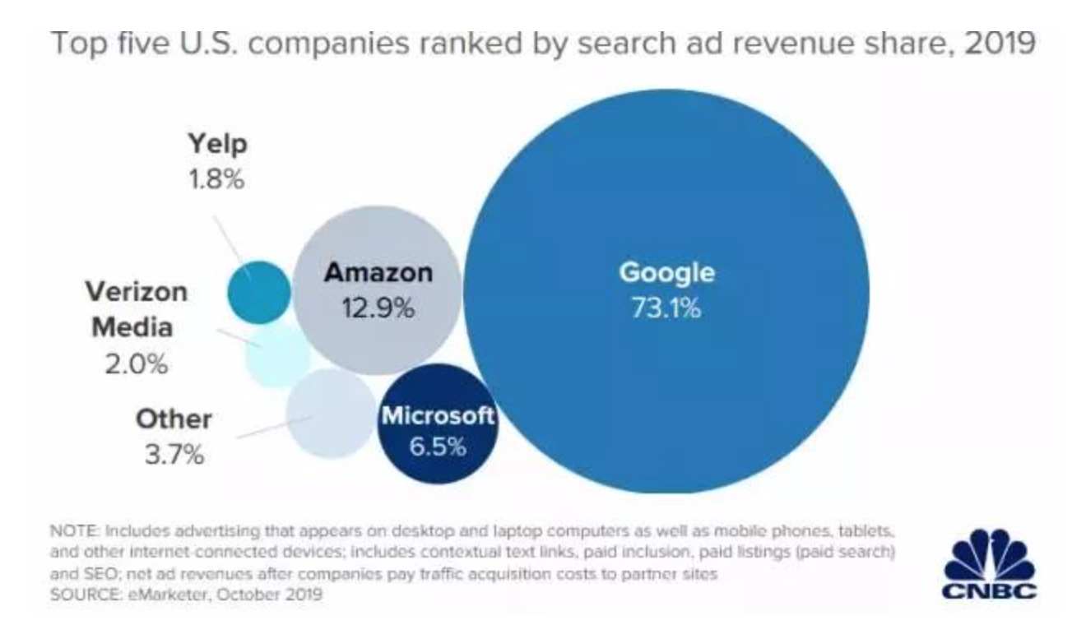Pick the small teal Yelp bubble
(x=258, y=292)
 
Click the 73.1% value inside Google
(x=666, y=309)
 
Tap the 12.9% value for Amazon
(x=378, y=308)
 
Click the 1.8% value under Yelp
(x=217, y=180)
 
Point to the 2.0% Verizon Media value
(x=137, y=363)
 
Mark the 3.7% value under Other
(x=174, y=455)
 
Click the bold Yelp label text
(x=217, y=145)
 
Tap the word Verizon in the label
(x=137, y=292)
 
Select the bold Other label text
(x=174, y=419)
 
